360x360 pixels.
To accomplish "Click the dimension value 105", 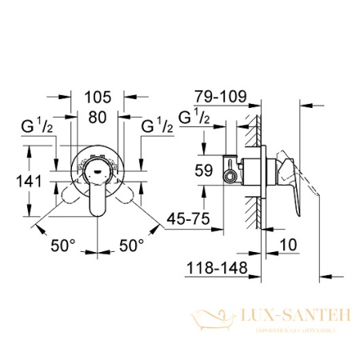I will click(x=98, y=97).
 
